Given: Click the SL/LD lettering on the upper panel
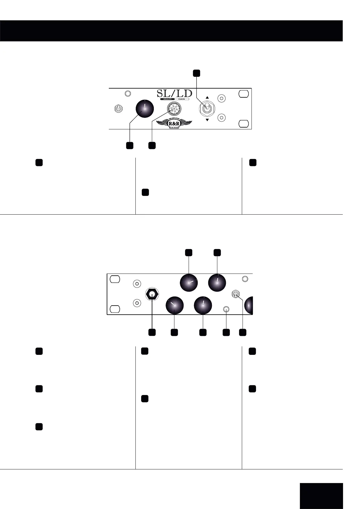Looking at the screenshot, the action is pos(174,93).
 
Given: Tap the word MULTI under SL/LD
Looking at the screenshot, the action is pos(166,99).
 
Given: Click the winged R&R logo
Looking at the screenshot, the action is pos(174,124).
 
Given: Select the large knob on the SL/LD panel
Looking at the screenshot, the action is pos(144,109).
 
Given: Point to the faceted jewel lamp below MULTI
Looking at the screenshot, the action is pos(174,108).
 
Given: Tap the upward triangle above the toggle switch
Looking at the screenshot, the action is pos(207,98).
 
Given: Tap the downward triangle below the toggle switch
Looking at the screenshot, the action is pos(207,120).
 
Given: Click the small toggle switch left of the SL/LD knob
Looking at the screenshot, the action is pos(118,109).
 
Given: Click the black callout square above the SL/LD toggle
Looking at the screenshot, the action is pos(196,73).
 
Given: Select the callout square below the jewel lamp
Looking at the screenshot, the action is pos(152,145).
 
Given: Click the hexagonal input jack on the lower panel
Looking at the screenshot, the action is pos(152,293).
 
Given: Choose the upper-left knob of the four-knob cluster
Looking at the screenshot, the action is pos(189,283).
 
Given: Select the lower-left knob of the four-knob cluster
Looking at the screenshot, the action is pos(175,306).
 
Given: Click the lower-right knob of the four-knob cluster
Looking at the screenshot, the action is pos(203,306).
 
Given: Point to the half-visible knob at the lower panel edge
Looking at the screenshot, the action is pos(249,306).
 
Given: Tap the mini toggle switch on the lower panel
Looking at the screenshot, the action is pos(236,293).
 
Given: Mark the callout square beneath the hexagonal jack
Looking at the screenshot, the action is pos(152,332).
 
